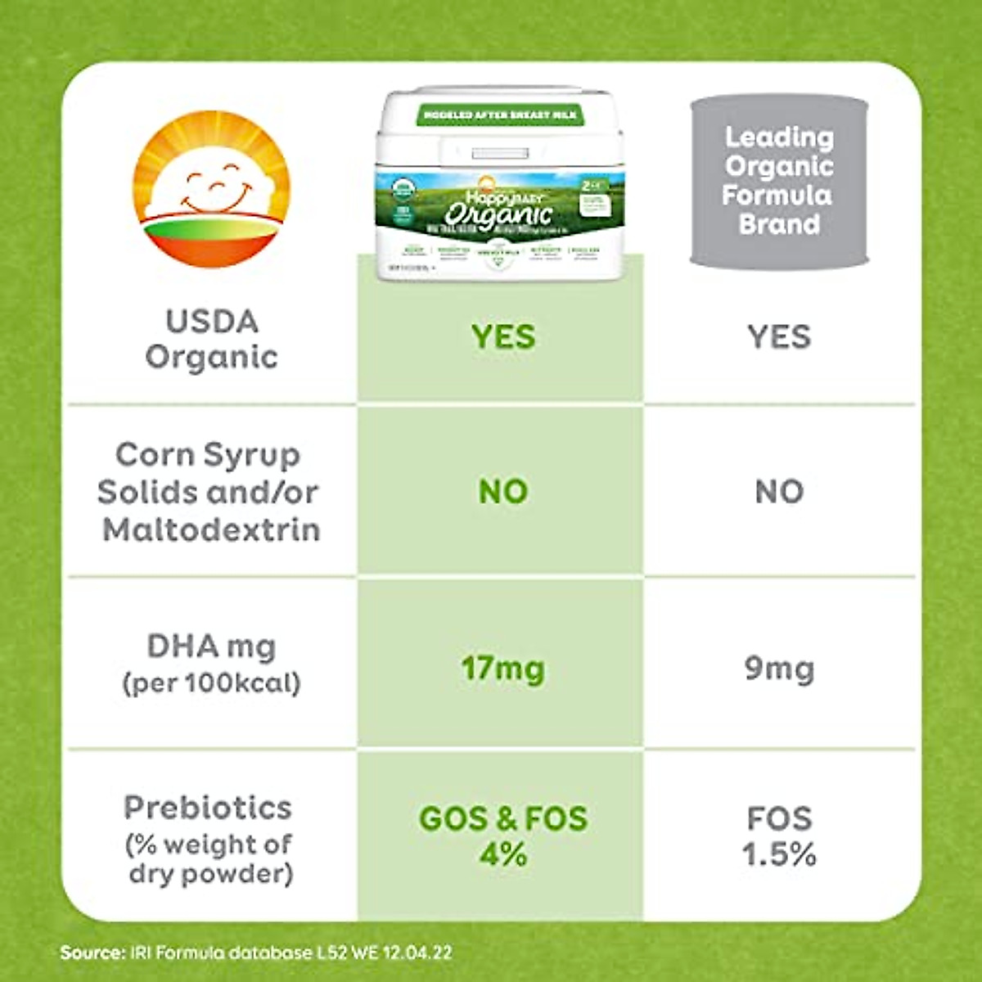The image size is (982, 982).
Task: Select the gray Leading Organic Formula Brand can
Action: point(778,181)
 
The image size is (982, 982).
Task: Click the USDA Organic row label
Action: point(211,339)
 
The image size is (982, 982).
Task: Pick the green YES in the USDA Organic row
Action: point(502,337)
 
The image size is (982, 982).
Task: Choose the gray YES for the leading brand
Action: point(779,337)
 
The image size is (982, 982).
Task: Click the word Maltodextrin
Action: point(211,529)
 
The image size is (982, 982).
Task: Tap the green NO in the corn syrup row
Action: point(502,492)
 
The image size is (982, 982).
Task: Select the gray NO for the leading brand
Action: point(779,492)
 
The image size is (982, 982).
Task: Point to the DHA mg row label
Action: point(211,646)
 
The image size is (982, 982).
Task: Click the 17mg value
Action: point(502,669)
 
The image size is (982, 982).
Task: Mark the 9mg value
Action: point(779,669)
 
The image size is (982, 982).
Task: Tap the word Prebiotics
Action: point(208,808)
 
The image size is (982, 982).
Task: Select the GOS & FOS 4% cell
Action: point(502,836)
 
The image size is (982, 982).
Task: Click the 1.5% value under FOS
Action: point(779,855)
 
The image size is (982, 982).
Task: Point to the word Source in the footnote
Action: point(92,953)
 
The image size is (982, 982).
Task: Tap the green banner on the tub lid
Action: point(500,115)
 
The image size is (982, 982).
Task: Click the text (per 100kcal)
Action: point(211,682)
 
